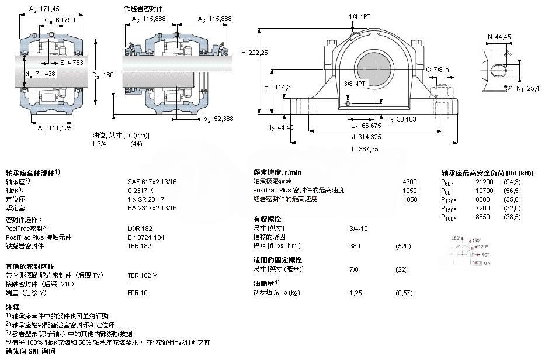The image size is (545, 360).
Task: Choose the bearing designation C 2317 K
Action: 141,190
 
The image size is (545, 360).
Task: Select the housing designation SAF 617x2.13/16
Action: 152,181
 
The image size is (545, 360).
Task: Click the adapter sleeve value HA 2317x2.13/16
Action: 152,207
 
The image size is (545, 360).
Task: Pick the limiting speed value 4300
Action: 410,181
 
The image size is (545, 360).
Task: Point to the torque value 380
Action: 355,245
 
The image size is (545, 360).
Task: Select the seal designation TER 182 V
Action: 143,275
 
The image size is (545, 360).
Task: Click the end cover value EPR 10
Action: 138,292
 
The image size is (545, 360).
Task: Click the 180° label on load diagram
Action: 457,238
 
